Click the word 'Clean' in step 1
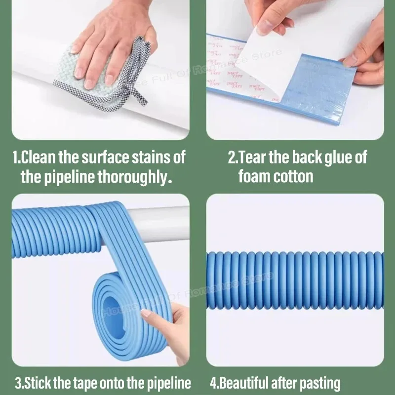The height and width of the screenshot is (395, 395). (39, 158)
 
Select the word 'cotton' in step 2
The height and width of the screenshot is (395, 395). (293, 176)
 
